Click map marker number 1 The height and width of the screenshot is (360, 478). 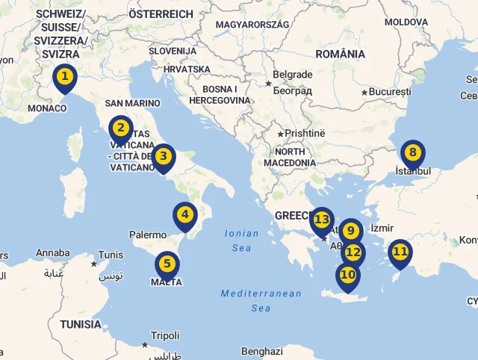pyautogui.click(x=65, y=77)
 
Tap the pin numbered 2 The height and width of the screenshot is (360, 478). pyautogui.click(x=121, y=128)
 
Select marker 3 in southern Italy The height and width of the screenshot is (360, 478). pyautogui.click(x=164, y=157)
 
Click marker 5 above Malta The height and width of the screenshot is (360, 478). pyautogui.click(x=167, y=264)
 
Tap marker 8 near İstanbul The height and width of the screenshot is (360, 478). pyautogui.click(x=412, y=153)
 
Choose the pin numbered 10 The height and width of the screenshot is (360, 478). pyautogui.click(x=347, y=275)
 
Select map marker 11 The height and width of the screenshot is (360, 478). pyautogui.click(x=400, y=252)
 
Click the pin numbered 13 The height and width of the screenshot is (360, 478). pyautogui.click(x=322, y=220)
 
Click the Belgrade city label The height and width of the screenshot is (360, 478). pyautogui.click(x=292, y=75)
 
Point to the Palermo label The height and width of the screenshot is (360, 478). pyautogui.click(x=148, y=235)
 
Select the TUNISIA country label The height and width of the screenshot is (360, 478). pyautogui.click(x=81, y=324)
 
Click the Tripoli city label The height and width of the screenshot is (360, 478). pyautogui.click(x=165, y=336)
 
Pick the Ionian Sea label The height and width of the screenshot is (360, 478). pyautogui.click(x=241, y=240)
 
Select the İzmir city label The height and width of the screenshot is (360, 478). pyautogui.click(x=382, y=227)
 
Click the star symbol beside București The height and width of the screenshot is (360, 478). pyautogui.click(x=364, y=93)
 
